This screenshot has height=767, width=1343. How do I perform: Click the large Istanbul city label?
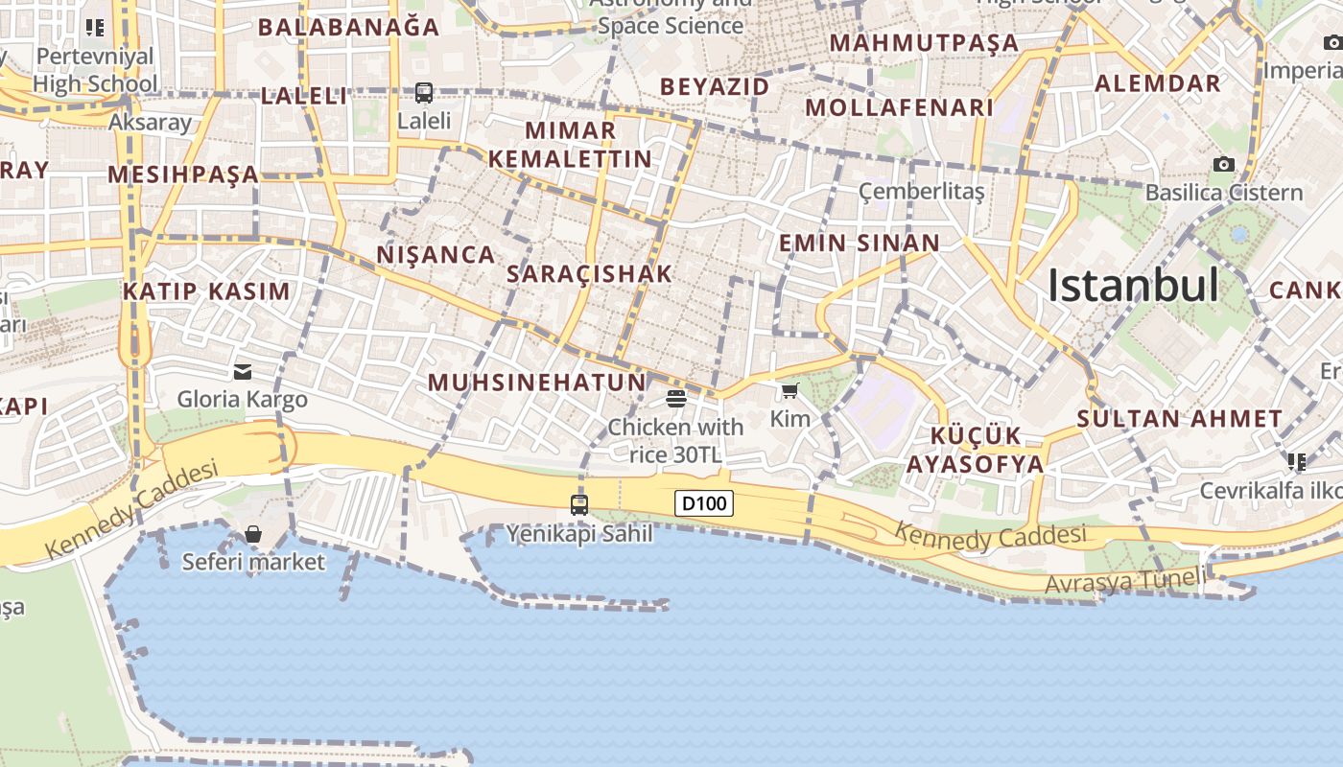(x=1133, y=286)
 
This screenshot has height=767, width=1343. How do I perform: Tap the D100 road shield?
(x=704, y=503)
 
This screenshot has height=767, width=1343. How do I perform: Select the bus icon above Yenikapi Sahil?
(x=579, y=504)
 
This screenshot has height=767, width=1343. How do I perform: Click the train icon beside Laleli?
(x=424, y=93)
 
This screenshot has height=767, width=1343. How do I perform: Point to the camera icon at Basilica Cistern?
(x=1224, y=164)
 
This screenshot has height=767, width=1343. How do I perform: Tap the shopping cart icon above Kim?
(x=789, y=390)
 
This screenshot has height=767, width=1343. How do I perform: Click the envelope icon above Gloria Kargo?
(x=243, y=371)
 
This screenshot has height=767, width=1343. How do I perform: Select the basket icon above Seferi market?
(x=253, y=534)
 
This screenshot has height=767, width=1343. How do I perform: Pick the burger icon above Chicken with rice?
(x=675, y=398)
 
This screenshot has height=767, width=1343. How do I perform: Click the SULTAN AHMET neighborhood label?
(x=1179, y=419)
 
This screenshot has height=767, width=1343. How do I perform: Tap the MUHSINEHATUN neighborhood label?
(x=537, y=383)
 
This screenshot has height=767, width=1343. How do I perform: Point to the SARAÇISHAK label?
(x=590, y=274)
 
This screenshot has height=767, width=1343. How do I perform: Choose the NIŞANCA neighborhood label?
(x=436, y=255)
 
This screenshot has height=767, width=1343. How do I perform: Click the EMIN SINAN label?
(x=859, y=244)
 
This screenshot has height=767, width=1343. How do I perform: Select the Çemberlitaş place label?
(x=921, y=191)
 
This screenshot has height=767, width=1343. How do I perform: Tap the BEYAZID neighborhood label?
(x=715, y=87)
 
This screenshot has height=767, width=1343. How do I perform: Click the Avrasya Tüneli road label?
(x=1124, y=580)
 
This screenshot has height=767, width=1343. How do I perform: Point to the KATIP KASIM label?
(x=206, y=291)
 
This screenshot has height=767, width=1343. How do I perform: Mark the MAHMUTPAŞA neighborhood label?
(x=924, y=43)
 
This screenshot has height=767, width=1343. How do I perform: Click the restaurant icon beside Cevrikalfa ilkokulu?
(x=1297, y=462)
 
